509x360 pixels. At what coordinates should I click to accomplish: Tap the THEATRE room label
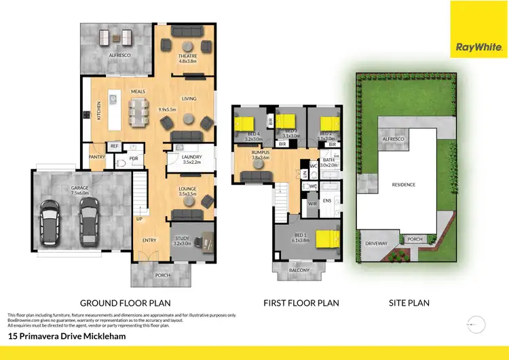pos(187,56)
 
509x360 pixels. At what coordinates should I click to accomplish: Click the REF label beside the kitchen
pos(114,146)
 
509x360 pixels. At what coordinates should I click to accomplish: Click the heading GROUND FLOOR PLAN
pos(125,303)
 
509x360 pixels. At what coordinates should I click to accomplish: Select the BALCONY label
pos(299,270)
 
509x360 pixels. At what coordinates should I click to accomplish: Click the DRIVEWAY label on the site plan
pos(376,242)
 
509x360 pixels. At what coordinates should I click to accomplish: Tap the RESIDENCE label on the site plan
pos(402,184)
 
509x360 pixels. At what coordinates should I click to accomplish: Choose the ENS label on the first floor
pos(327,200)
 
